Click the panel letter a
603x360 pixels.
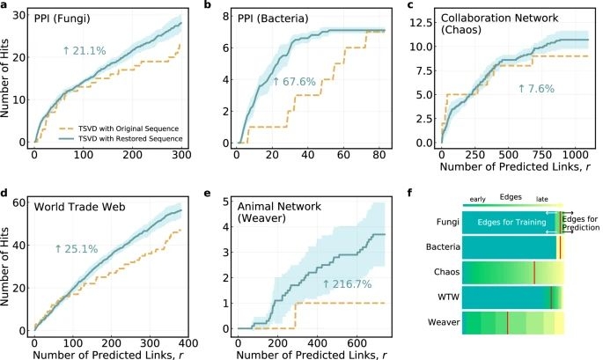[5, 6]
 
